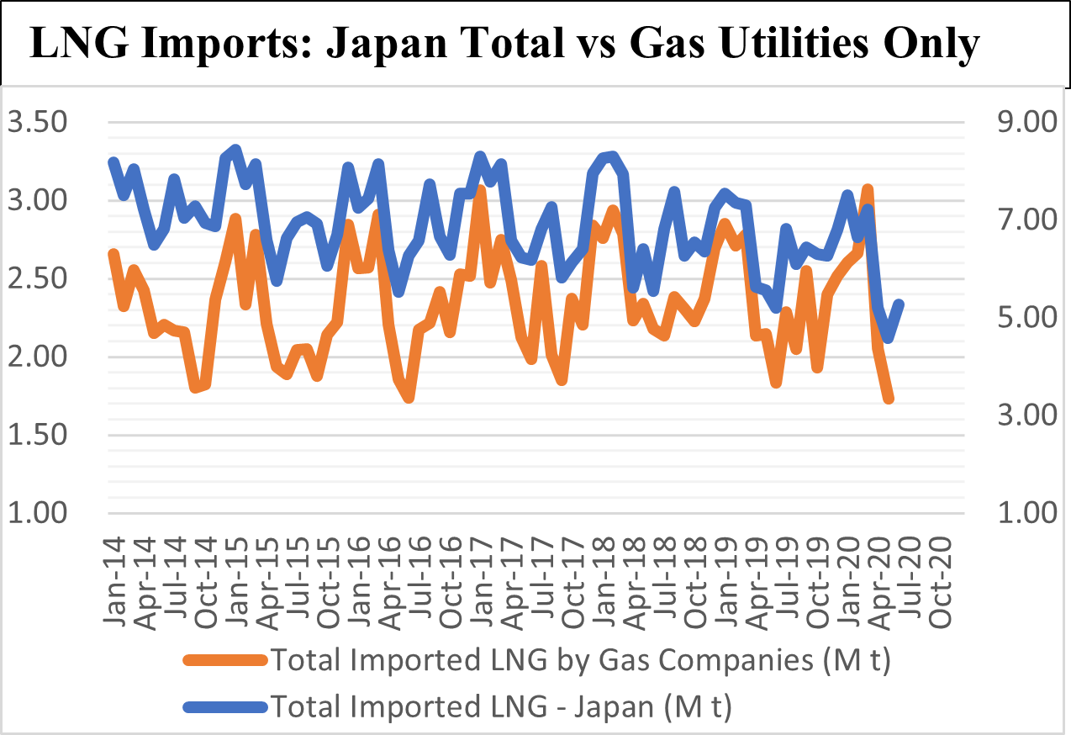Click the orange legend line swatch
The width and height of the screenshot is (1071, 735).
tap(224, 662)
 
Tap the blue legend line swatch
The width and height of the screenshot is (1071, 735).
tap(224, 706)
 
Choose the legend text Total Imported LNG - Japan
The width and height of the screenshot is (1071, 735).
tap(501, 706)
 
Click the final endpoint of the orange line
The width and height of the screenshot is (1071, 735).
tap(889, 399)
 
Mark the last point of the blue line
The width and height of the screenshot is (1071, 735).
tap(900, 304)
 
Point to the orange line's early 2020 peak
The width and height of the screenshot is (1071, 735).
tap(868, 189)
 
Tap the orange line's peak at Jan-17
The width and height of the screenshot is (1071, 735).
tap(480, 190)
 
